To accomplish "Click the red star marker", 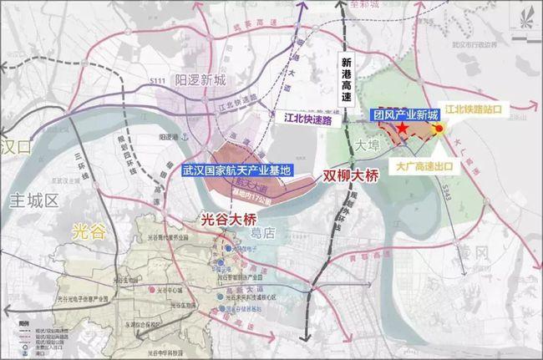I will click(x=403, y=129).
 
